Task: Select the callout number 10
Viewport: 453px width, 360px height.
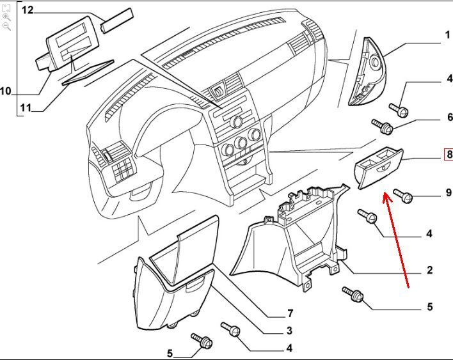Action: tap(6, 92)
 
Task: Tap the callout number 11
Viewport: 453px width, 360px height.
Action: tap(24, 107)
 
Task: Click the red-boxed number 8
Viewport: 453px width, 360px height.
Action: tap(449, 154)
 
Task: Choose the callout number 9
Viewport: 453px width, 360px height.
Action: tap(448, 192)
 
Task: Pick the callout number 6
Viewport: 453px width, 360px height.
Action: tap(449, 117)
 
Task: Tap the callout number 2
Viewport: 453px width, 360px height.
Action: tap(430, 270)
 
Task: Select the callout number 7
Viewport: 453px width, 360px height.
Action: tap(289, 314)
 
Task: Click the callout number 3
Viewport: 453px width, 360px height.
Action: tap(289, 331)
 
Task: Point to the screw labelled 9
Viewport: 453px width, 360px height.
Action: tap(403, 195)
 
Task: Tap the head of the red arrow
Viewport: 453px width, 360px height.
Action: tap(386, 194)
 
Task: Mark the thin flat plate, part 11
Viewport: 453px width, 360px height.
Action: tap(88, 74)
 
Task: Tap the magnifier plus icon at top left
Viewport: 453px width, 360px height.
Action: tap(6, 17)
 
